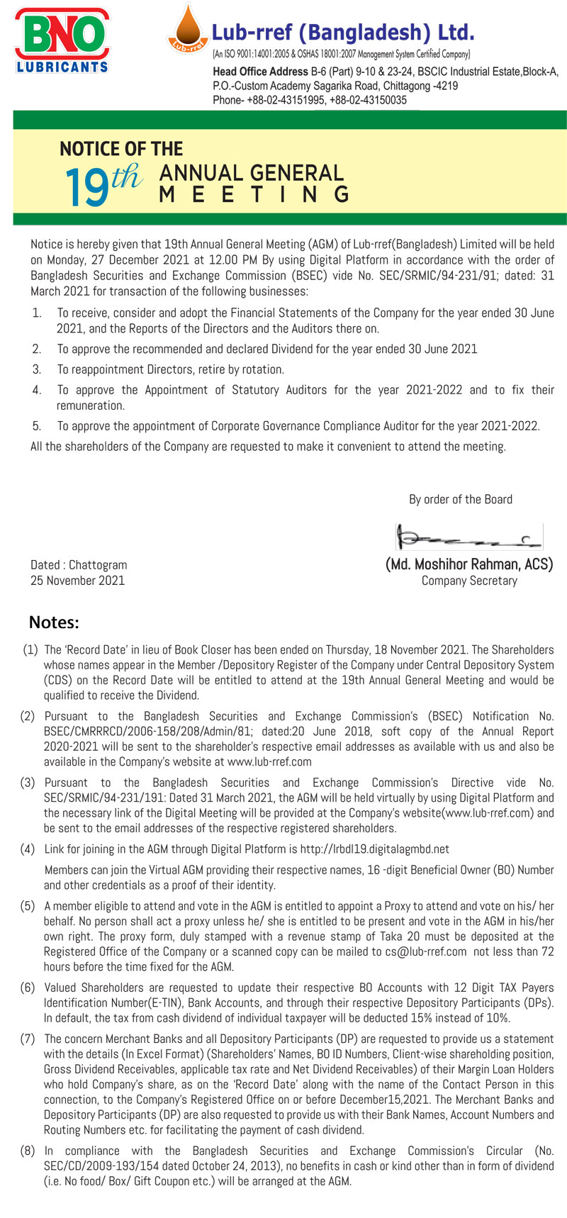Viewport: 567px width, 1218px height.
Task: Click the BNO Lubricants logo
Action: [62, 40]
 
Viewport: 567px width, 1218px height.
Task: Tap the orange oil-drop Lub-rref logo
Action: [186, 32]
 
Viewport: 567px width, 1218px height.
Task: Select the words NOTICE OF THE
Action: [121, 149]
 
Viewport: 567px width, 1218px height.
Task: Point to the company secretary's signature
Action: [469, 537]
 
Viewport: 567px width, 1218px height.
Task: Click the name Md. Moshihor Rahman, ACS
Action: [469, 565]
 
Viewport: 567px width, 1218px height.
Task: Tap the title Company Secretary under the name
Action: [469, 581]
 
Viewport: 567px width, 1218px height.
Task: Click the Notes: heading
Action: [54, 622]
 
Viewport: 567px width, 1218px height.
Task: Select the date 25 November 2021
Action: [77, 581]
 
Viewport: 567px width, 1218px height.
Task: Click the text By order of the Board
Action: [461, 499]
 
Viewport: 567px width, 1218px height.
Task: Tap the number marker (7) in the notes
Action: [28, 1039]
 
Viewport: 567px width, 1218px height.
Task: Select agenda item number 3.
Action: [37, 369]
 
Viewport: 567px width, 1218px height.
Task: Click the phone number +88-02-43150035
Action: [368, 100]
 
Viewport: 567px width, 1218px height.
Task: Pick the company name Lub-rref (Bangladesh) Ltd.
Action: [343, 33]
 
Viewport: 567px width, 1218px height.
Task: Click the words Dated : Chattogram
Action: [79, 565]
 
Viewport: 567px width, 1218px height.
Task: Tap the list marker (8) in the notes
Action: [28, 1151]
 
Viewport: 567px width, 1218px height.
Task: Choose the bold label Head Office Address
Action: [260, 72]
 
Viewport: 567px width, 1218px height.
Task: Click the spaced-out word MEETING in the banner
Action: [254, 194]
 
